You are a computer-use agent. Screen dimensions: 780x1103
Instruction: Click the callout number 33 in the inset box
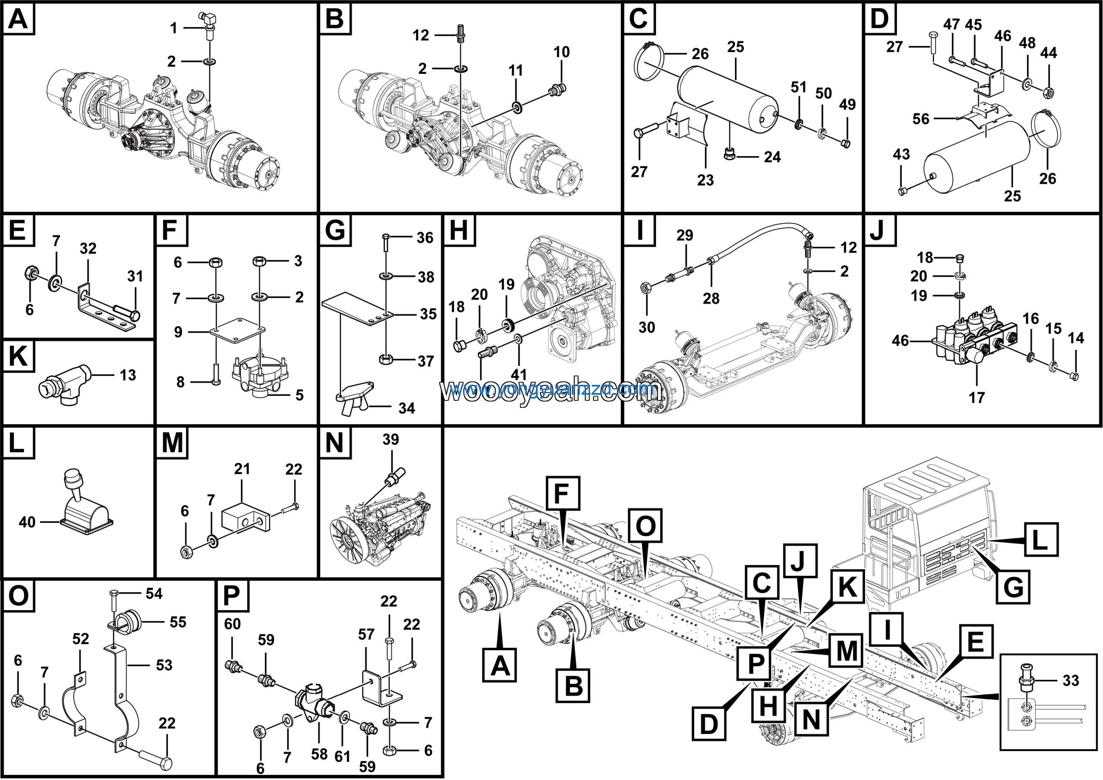pyautogui.click(x=1071, y=681)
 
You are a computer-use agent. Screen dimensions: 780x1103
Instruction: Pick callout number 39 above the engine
pyautogui.click(x=390, y=440)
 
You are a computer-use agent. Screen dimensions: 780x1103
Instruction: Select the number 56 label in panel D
pyautogui.click(x=921, y=119)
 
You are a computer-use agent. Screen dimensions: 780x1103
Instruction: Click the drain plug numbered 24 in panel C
pyautogui.click(x=729, y=155)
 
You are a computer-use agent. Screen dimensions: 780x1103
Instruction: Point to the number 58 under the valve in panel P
pyautogui.click(x=319, y=754)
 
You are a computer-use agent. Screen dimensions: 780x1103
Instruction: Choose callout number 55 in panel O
pyautogui.click(x=178, y=622)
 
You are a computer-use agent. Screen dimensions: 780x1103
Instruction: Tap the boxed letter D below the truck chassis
pyautogui.click(x=709, y=724)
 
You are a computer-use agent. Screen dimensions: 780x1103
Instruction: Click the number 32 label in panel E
pyautogui.click(x=88, y=248)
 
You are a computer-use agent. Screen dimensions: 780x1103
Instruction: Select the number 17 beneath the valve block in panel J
pyautogui.click(x=976, y=398)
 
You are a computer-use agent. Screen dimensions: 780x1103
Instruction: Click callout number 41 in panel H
pyautogui.click(x=519, y=374)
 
